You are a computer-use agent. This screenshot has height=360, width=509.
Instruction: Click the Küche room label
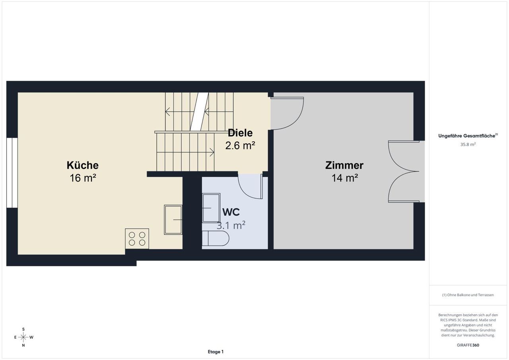tap(82, 165)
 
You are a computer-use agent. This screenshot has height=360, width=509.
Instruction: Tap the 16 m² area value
tap(83, 178)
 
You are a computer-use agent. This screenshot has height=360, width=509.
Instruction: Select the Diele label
tap(240, 133)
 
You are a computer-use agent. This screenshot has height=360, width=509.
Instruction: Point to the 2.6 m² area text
tap(240, 146)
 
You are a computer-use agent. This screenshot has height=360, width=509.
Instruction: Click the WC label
tap(231, 212)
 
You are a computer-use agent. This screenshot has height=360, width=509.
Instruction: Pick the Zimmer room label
tap(344, 165)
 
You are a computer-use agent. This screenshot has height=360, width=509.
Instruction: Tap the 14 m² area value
tap(345, 178)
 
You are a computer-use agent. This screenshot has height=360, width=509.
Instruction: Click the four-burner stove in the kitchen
tap(137, 239)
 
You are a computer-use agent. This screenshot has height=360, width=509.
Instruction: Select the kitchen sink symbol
tap(173, 220)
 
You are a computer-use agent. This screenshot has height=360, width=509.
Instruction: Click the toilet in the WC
tap(216, 238)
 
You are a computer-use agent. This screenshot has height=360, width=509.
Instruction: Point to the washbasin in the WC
tap(211, 208)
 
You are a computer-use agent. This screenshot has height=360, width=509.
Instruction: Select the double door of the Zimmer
tap(403, 171)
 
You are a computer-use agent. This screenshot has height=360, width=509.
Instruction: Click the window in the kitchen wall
tap(12, 173)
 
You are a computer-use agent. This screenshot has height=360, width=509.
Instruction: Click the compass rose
tap(23, 337)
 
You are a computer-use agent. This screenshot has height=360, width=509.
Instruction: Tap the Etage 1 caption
tap(216, 352)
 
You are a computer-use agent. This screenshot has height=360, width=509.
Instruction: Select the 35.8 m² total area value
tap(468, 144)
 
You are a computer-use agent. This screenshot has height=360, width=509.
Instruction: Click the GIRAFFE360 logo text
tap(468, 345)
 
